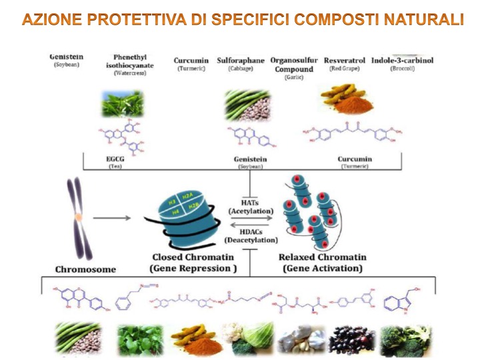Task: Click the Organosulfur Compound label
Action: [293, 65]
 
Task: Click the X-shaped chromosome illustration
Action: [78, 217]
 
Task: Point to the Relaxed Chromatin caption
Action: [322, 262]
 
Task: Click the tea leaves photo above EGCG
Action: [122, 104]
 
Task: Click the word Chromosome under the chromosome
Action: [85, 269]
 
